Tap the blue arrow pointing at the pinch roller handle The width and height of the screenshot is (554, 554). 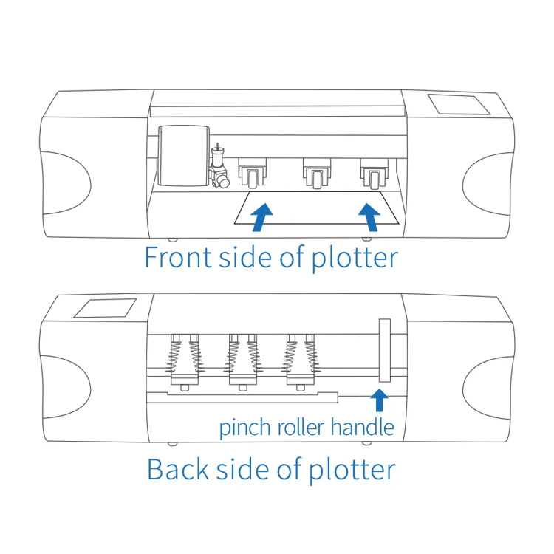[380, 400]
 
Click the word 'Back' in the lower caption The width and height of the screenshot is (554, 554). [177, 470]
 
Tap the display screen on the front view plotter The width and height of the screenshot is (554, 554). [460, 103]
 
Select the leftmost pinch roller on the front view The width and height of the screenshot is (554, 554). [253, 174]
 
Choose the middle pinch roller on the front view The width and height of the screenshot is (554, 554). [314, 174]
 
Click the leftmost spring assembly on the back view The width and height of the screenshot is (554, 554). [185, 360]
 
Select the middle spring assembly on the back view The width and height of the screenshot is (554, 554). [243, 360]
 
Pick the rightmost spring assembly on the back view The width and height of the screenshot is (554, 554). [301, 360]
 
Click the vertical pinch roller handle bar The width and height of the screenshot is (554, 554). [384, 350]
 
